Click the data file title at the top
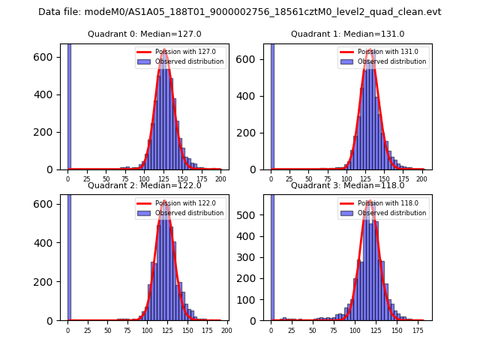240,12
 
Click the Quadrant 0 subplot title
144,34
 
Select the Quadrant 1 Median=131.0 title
347,34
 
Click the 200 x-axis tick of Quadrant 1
422,180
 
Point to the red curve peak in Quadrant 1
368,50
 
